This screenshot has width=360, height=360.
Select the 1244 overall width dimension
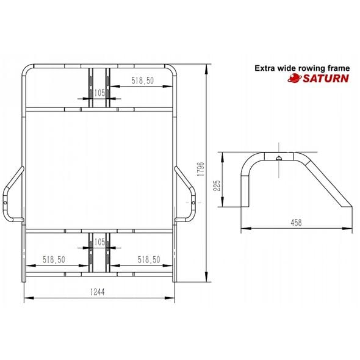(99, 292)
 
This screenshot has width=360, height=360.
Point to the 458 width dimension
(296, 223)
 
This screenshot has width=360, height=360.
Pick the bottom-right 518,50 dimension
(148, 259)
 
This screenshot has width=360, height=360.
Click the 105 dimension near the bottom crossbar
(99, 242)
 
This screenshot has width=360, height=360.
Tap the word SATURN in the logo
(326, 78)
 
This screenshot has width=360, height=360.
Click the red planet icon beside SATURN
(295, 78)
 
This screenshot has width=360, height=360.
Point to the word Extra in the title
(265, 68)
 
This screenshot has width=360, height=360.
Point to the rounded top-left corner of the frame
(28, 68)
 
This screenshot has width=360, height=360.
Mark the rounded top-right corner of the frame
(171, 68)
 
